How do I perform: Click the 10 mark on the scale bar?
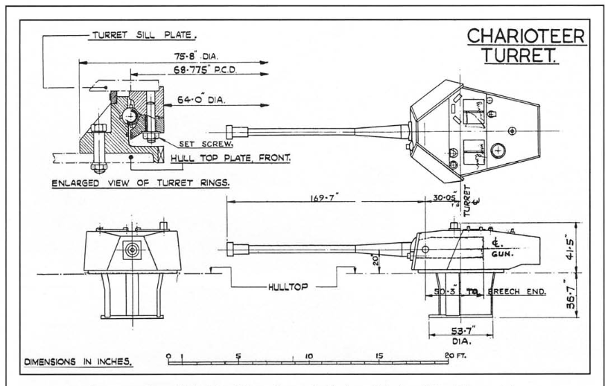click(308, 356)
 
